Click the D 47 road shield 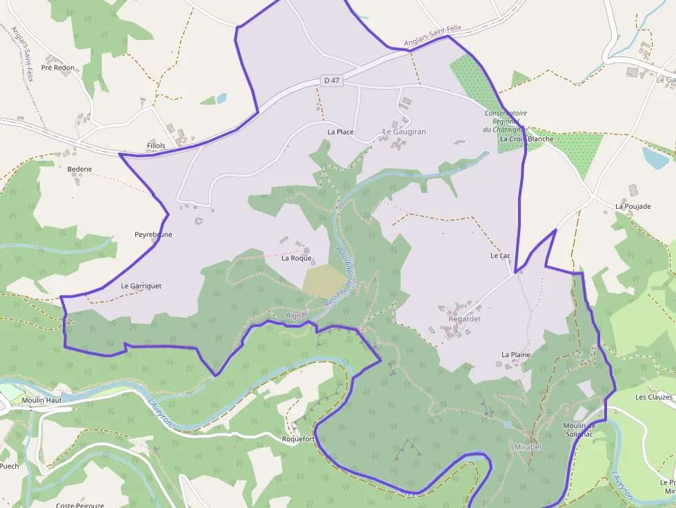pos(331,81)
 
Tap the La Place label pos(341,132)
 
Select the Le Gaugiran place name pos(404,132)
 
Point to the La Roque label pos(297,258)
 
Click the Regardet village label pos(464,319)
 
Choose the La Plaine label pos(516,354)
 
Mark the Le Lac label pos(500,256)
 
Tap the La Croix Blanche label pos(526,139)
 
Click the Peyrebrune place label pos(153,234)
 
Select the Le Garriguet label pos(141,285)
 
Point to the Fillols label pos(157,146)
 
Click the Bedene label pos(80,169)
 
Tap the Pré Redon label pos(58,68)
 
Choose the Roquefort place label pos(299,438)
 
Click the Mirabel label pos(528,447)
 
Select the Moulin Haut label pos(41,400)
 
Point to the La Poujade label pos(633,206)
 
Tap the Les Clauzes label pos(653,397)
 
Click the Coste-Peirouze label pos(80,505)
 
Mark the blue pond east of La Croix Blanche pos(655,158)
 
